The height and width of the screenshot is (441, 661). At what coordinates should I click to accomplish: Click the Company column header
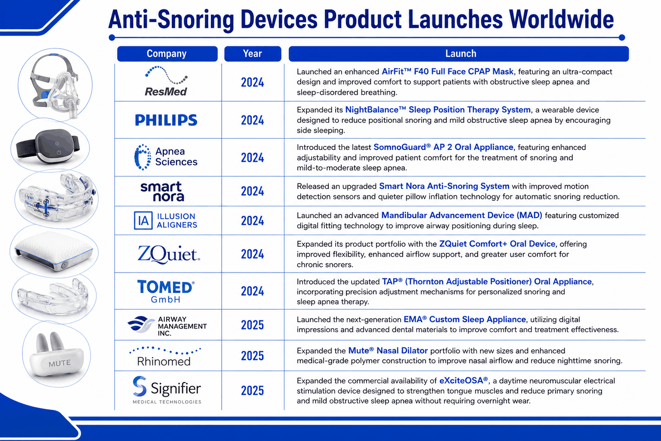[167, 54]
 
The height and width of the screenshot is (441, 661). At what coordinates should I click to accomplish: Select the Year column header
[253, 54]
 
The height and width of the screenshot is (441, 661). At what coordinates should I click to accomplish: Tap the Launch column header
[459, 54]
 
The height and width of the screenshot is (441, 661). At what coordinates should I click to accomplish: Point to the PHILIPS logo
[166, 120]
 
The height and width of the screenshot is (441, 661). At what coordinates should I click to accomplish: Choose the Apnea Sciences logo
[166, 157]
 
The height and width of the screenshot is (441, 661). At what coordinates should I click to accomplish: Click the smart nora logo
[162, 191]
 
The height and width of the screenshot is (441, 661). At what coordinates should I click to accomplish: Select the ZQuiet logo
[169, 254]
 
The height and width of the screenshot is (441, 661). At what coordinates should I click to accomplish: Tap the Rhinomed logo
[165, 357]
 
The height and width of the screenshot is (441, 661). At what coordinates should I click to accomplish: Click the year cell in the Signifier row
[252, 391]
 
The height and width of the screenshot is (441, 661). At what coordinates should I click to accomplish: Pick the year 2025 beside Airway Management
[252, 325]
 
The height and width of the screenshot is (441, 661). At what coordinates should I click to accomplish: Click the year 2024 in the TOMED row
[252, 291]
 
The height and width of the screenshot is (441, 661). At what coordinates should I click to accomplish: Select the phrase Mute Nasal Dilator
[388, 351]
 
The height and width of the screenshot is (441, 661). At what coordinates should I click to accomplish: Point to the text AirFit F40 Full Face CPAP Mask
[448, 71]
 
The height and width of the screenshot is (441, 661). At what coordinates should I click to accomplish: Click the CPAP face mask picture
[55, 85]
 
